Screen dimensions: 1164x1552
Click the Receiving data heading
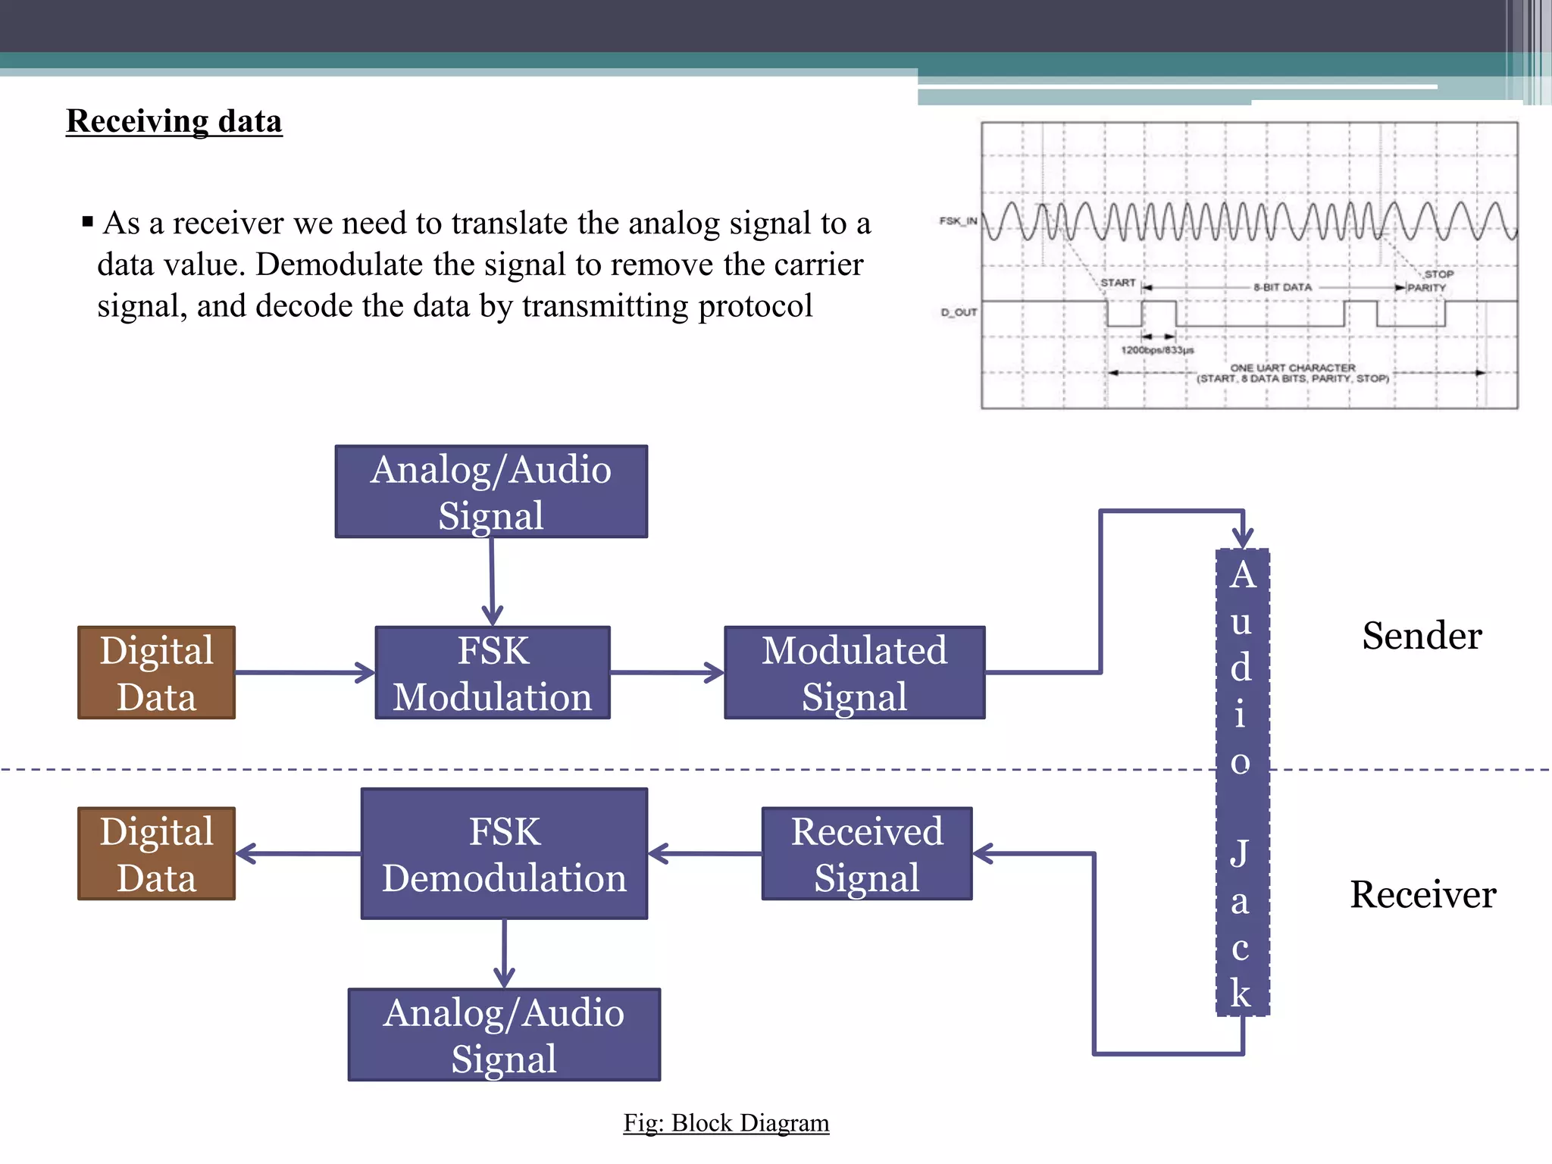coord(174,121)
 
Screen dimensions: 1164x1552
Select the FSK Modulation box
coord(493,673)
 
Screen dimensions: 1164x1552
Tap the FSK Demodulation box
coord(504,854)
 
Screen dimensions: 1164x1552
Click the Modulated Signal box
coord(854,673)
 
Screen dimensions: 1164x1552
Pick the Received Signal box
coord(867,854)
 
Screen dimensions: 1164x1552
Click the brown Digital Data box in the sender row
coord(156,673)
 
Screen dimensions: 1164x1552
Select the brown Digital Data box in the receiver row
coord(156,854)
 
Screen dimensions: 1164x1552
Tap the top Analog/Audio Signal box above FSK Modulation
coord(491,492)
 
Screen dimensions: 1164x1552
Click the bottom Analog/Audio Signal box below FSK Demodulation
coord(504,1035)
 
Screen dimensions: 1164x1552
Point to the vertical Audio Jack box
coord(1242,782)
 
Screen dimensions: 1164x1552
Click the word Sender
coord(1422,635)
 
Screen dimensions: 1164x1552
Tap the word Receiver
coord(1422,894)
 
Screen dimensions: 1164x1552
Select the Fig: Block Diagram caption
coord(726,1122)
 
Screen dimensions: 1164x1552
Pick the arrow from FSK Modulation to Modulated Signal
coord(667,672)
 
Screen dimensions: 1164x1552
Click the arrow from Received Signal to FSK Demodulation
coord(705,854)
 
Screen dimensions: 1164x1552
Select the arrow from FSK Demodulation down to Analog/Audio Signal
coord(504,953)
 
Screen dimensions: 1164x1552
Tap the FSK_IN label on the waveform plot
coord(958,221)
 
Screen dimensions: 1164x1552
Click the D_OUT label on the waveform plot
coord(959,312)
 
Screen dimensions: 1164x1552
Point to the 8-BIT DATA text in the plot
coord(1282,287)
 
